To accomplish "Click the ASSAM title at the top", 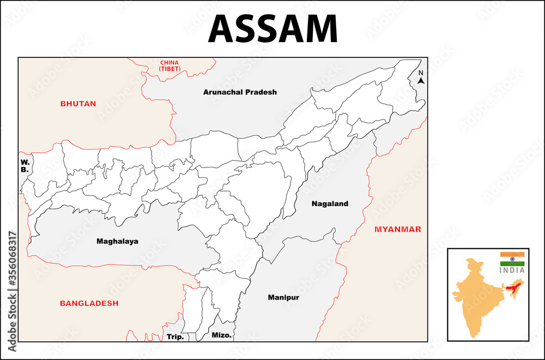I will point(272,28).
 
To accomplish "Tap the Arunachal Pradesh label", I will point(240,92).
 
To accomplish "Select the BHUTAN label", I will point(78,104).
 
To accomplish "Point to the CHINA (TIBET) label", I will point(169,66).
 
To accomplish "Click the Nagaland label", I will point(330,204).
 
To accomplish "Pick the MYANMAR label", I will point(398,229).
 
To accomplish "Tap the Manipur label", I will point(283,298).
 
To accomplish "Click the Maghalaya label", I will point(117,241).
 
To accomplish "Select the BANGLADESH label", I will point(89,303).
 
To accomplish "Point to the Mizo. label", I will point(221,335).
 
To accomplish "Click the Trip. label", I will point(175,337).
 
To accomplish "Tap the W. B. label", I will point(25,166).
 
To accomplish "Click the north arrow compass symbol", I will point(421,81).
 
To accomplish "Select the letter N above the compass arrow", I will point(421,73).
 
